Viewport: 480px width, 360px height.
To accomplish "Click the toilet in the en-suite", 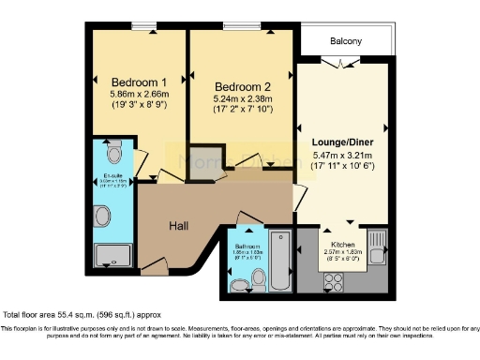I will tap(114, 151).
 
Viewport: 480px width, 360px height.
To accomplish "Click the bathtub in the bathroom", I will tap(278, 261).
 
